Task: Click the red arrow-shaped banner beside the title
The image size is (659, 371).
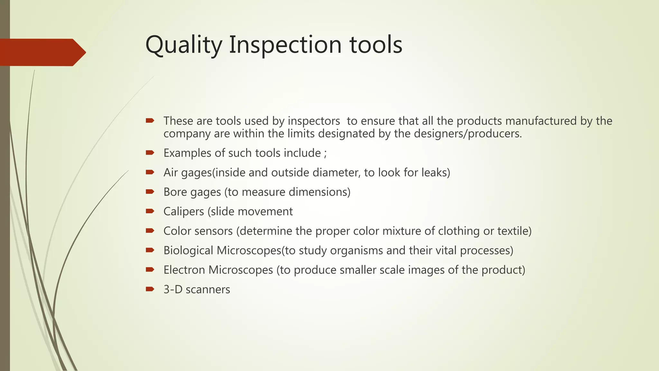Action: (x=42, y=52)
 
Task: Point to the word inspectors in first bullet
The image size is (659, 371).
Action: (x=313, y=121)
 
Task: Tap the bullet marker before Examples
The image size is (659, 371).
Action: (x=150, y=153)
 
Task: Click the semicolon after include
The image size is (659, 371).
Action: (x=325, y=153)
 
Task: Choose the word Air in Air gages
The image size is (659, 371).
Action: (x=171, y=173)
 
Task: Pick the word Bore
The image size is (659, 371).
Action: (x=175, y=192)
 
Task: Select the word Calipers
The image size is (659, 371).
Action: (x=183, y=212)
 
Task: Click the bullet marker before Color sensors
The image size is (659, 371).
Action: (x=150, y=231)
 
